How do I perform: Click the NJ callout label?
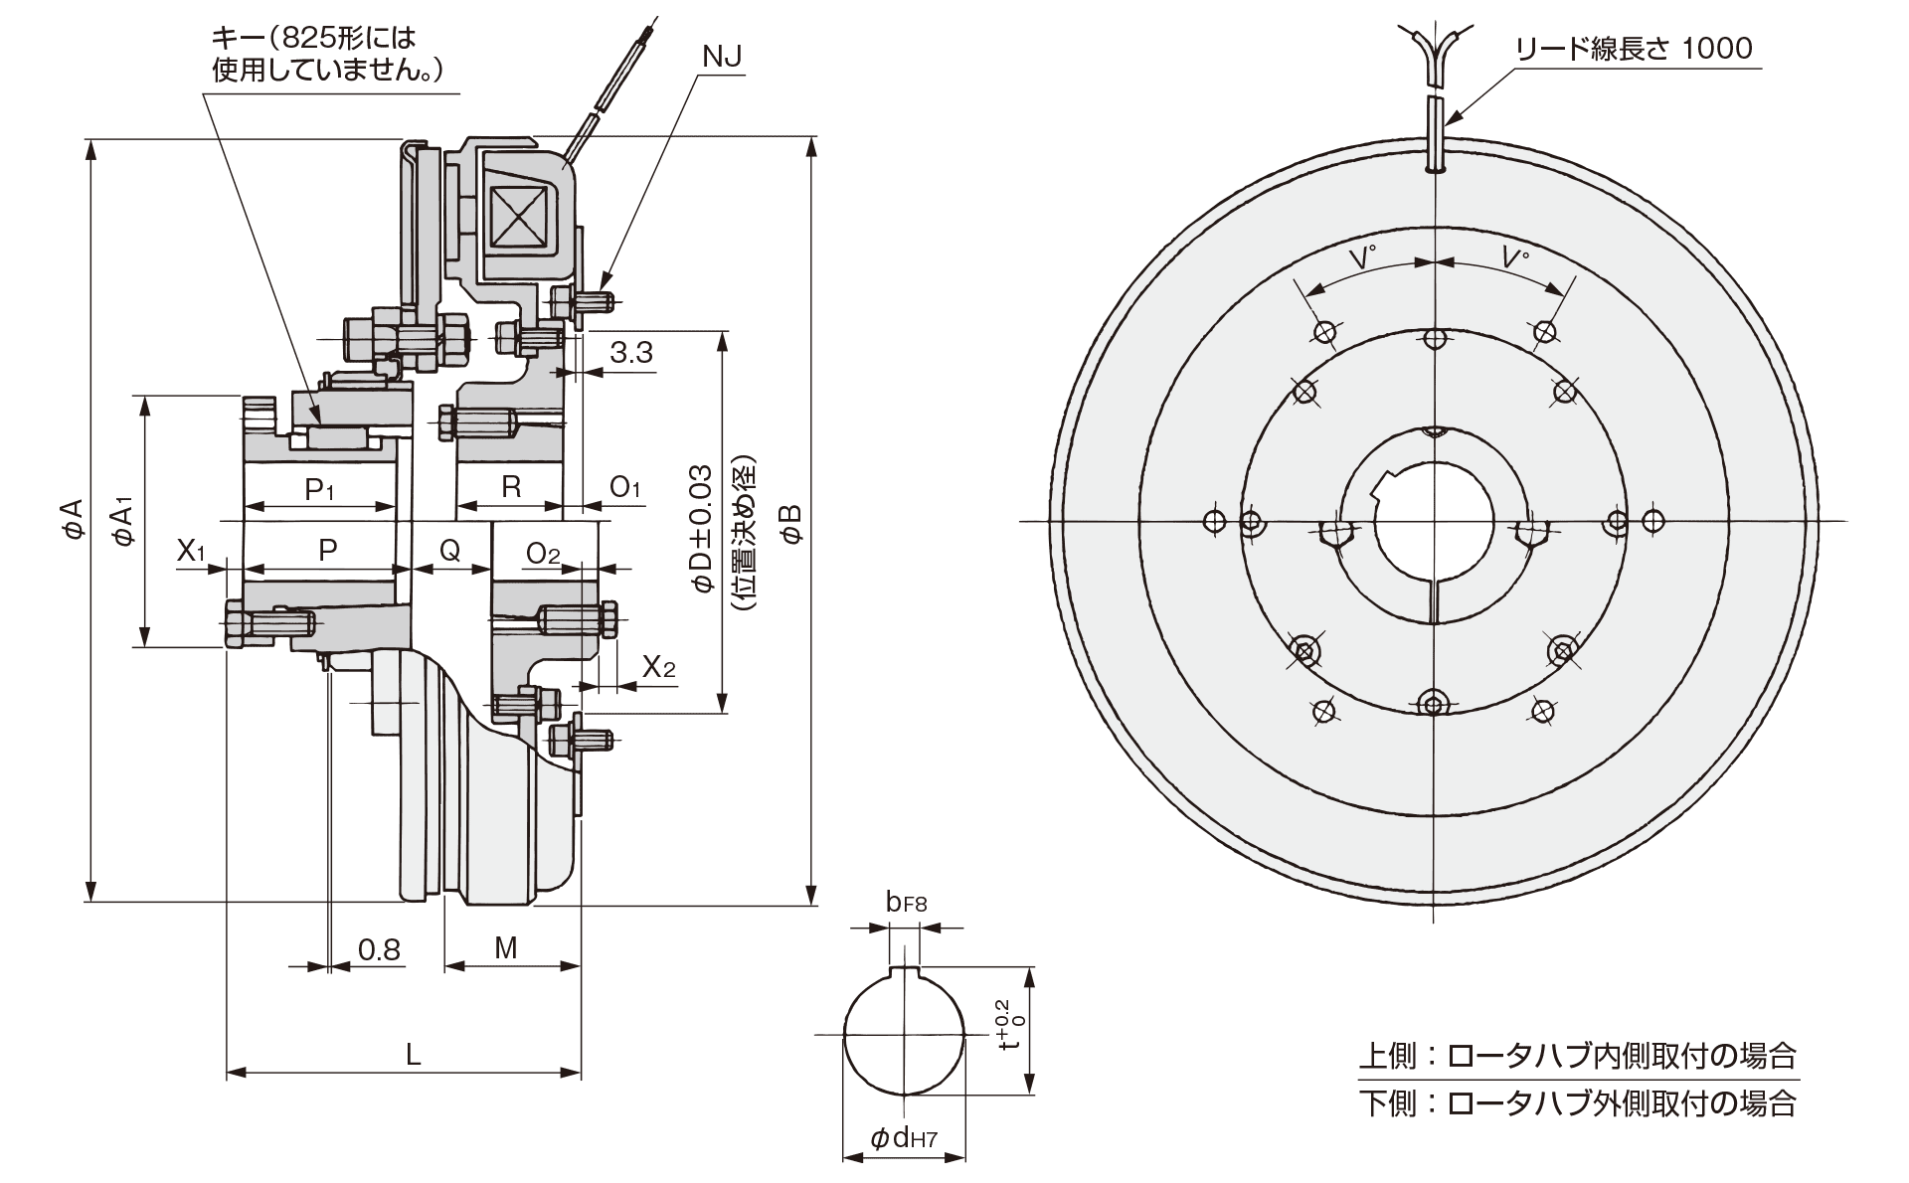722,57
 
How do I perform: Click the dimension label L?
413,1054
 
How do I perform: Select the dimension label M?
506,947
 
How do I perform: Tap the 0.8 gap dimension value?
379,949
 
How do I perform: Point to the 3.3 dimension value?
631,352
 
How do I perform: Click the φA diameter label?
73,519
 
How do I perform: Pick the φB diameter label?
790,521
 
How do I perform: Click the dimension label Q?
450,549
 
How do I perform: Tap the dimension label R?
511,486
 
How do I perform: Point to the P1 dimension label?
320,488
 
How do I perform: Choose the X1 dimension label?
191,550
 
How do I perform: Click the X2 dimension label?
658,666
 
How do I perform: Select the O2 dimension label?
543,553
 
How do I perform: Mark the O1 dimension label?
625,486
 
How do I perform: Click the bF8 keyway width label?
906,903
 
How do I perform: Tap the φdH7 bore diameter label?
904,1138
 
